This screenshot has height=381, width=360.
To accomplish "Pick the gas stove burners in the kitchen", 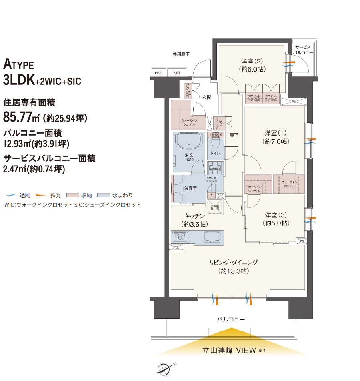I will [180, 237].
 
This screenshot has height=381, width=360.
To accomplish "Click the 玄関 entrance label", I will [206, 97].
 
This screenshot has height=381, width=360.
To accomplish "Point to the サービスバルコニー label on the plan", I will [302, 50].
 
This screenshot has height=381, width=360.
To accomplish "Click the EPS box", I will [158, 73].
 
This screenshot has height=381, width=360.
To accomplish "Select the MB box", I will [176, 73].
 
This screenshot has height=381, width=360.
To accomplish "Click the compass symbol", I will [165, 369].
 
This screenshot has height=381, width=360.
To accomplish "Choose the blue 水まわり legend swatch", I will [105, 196].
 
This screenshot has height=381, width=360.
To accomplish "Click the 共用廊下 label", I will [181, 54].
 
